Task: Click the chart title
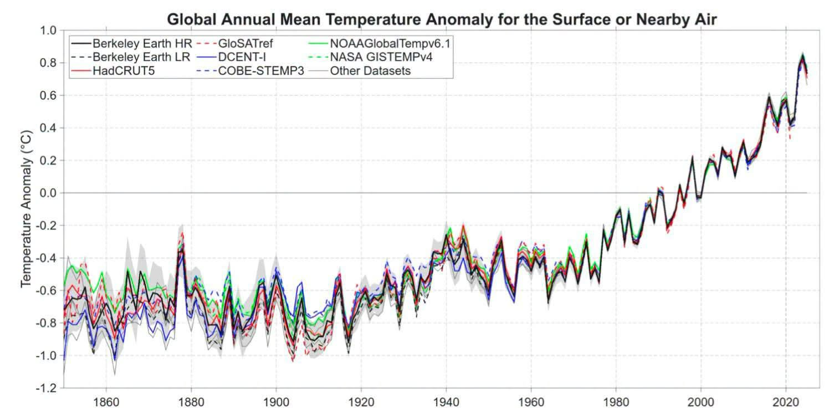[x=442, y=19]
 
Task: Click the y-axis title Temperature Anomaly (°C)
[x=26, y=209]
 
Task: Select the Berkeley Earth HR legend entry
[x=131, y=44]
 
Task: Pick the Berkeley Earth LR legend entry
[x=130, y=57]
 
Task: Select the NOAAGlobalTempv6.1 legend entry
[x=380, y=44]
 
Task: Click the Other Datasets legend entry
[x=360, y=71]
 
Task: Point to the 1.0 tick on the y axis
[x=48, y=30]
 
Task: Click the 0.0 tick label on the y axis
[x=48, y=193]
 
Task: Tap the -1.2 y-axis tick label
[x=46, y=388]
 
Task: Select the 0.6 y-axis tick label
[x=48, y=95]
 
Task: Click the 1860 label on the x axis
[x=106, y=402]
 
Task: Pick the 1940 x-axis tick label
[x=446, y=402]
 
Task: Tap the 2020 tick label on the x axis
[x=786, y=402]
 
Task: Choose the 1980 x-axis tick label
[x=616, y=402]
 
